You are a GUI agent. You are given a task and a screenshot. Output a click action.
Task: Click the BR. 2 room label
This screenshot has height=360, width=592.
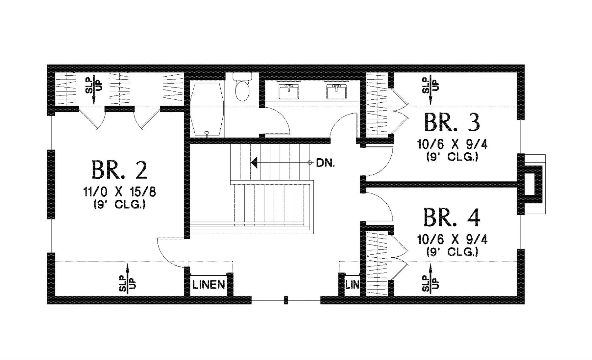tap(119, 170)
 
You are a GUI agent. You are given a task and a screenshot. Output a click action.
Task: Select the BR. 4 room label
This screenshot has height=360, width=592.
tap(452, 217)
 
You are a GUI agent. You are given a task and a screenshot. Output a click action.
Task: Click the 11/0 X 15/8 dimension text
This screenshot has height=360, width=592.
tap(119, 192)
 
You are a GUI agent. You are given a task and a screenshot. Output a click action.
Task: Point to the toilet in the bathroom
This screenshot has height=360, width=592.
tap(242, 87)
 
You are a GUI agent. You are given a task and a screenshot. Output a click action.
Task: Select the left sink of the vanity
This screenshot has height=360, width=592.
tap(289, 91)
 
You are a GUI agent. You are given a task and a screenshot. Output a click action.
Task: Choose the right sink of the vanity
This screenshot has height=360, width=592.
tap(336, 91)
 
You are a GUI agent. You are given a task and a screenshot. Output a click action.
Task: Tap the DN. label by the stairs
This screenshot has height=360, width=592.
tap(325, 163)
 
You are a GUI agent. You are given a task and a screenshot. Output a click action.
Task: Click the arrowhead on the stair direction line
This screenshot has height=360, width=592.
tap(254, 163)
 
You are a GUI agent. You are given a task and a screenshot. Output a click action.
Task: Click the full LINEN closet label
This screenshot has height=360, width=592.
tap(209, 285)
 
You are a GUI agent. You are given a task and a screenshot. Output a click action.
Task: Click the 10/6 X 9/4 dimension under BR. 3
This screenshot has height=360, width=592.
tap(452, 144)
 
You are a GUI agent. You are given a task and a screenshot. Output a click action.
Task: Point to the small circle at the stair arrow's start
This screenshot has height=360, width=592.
tap(309, 163)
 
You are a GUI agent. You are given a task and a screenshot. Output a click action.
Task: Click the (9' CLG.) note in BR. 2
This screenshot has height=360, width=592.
tap(119, 205)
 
